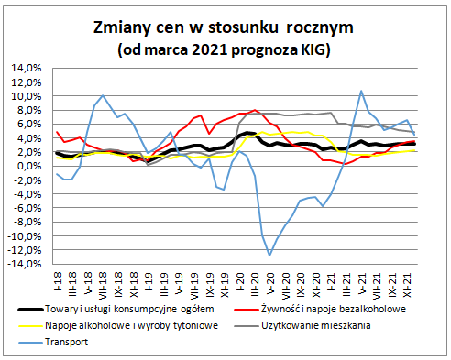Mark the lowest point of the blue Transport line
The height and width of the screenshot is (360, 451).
click(x=269, y=255)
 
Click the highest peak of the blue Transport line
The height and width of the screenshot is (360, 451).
click(x=362, y=91)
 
